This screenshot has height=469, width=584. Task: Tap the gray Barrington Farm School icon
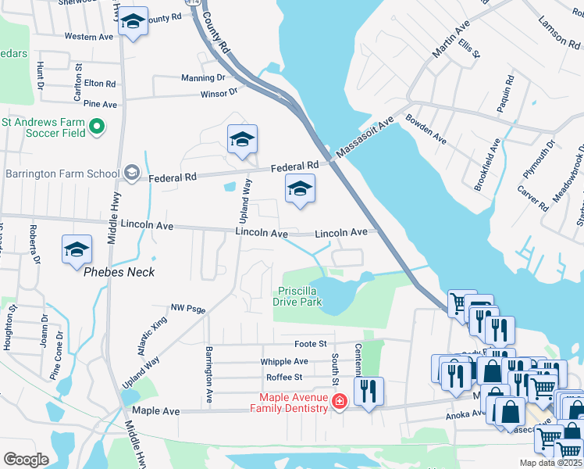(x=132, y=174)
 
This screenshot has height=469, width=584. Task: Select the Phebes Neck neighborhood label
(x=119, y=272)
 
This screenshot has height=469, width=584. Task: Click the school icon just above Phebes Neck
(x=77, y=249)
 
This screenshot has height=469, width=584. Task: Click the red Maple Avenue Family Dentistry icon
(x=339, y=403)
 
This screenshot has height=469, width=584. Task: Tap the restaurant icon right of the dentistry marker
(x=369, y=388)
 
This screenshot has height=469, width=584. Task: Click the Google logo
(x=26, y=459)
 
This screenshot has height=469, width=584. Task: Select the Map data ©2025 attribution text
(x=550, y=463)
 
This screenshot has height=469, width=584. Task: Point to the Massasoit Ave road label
(x=366, y=138)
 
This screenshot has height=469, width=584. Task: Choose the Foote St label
(x=310, y=343)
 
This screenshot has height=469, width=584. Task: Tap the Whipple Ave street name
(x=284, y=361)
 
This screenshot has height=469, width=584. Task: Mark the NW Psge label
(x=187, y=309)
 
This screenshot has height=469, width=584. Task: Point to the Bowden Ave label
(x=426, y=130)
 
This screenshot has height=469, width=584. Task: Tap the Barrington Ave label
(x=209, y=374)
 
